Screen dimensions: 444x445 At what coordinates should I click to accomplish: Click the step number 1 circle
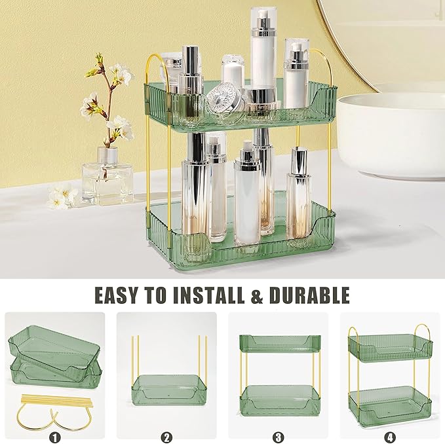[55, 435]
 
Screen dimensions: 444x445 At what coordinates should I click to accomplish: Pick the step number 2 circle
[167, 435]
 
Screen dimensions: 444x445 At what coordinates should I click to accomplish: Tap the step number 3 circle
[279, 435]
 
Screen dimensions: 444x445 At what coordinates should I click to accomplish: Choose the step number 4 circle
[391, 435]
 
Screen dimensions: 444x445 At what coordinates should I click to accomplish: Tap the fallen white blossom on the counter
[62, 196]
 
